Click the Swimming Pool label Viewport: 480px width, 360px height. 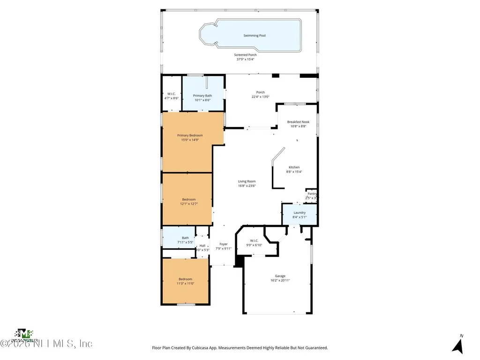click(x=255, y=36)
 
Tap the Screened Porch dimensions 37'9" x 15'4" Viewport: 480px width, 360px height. click(x=245, y=60)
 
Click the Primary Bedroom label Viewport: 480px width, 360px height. click(x=190, y=135)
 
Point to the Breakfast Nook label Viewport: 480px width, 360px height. click(x=298, y=122)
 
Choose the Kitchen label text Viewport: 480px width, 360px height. click(x=294, y=167)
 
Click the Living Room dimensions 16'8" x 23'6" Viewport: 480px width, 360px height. click(x=247, y=186)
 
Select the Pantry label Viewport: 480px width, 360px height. click(x=312, y=194)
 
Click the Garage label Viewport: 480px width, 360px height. click(x=280, y=276)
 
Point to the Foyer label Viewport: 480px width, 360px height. click(x=224, y=244)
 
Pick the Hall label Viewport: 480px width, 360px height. click(x=202, y=245)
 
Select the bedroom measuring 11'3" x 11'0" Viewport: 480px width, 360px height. click(x=185, y=281)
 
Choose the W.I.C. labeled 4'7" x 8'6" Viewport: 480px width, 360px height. click(x=171, y=96)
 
